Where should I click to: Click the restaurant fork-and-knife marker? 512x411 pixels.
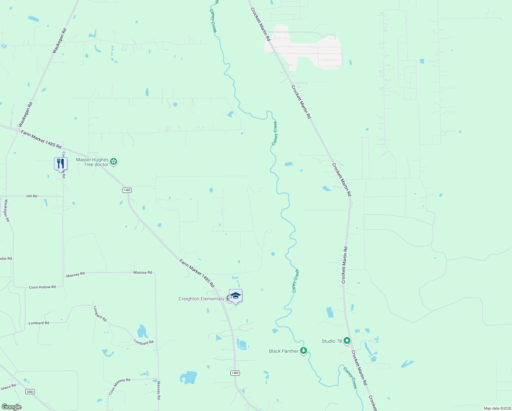(61, 163)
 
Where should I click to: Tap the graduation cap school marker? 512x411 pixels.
(235, 296)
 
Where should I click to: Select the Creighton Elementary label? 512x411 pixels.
(201, 299)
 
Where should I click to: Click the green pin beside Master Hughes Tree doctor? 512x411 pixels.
(114, 162)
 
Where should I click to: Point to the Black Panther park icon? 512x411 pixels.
(303, 351)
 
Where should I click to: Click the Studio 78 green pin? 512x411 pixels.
(347, 341)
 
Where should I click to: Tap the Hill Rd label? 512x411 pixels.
(32, 196)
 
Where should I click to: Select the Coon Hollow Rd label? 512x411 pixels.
(42, 287)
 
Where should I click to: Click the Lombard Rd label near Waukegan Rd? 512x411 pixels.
(39, 323)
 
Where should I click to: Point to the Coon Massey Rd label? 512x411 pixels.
(119, 387)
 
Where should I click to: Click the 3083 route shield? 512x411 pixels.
(30, 391)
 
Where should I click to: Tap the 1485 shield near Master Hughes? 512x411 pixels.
(127, 190)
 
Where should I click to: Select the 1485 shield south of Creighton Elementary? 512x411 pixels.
(235, 373)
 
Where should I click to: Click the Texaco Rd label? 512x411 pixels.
(8, 388)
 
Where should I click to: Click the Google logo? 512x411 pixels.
(11, 407)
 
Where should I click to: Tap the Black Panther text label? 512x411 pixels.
(284, 351)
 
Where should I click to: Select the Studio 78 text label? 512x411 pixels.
(331, 341)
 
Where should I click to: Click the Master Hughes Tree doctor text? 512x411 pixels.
(92, 162)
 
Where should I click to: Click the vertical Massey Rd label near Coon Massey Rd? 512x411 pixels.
(159, 390)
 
